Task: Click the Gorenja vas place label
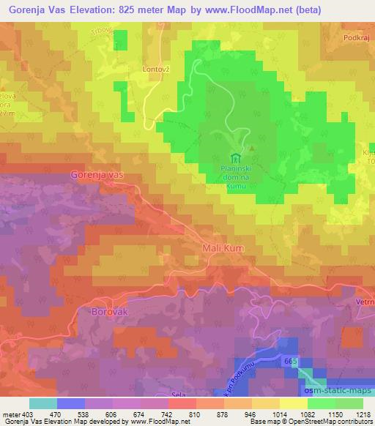point(99,175)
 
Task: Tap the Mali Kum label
point(222,249)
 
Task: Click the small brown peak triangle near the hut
point(251,148)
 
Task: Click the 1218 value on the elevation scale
point(363,414)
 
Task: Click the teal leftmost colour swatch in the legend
point(42,403)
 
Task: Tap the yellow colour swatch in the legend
point(293,403)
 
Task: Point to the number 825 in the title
point(135,10)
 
